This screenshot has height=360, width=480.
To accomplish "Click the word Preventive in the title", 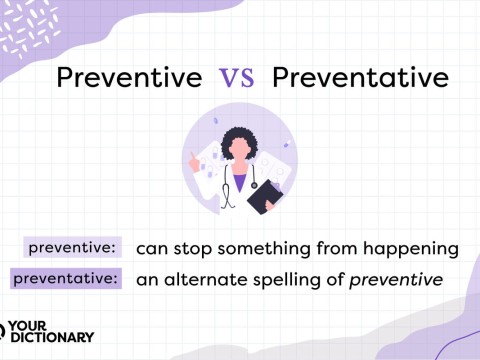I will click(x=129, y=78).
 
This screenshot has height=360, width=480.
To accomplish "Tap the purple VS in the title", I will click(x=240, y=79).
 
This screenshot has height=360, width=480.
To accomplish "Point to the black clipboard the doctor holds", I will click(x=263, y=198).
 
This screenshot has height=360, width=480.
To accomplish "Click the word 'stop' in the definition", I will click(x=190, y=247).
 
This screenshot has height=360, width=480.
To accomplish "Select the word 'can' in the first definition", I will click(x=150, y=247).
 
